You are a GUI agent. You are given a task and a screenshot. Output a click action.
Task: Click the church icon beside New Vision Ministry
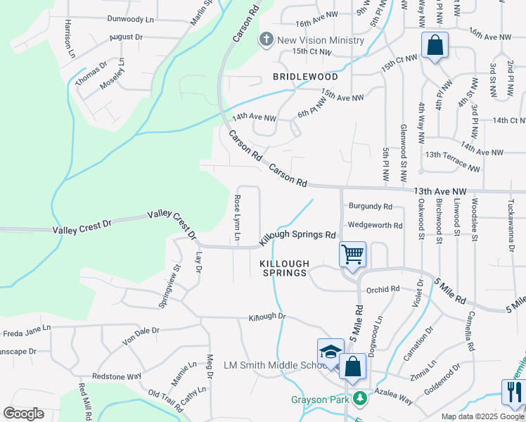(267, 39)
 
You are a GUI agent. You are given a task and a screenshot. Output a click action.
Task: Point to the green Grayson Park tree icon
(361, 399)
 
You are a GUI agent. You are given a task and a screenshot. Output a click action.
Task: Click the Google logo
(23, 414)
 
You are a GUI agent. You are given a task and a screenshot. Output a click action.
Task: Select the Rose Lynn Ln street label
(238, 217)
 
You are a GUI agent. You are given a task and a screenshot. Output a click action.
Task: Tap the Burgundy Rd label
(370, 207)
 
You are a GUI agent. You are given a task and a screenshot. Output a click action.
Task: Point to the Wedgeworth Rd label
(376, 226)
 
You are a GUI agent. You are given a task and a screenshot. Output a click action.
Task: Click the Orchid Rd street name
(383, 288)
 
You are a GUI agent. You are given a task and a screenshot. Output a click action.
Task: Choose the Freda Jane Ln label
(27, 328)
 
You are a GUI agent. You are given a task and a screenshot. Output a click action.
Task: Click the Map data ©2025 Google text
(482, 416)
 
